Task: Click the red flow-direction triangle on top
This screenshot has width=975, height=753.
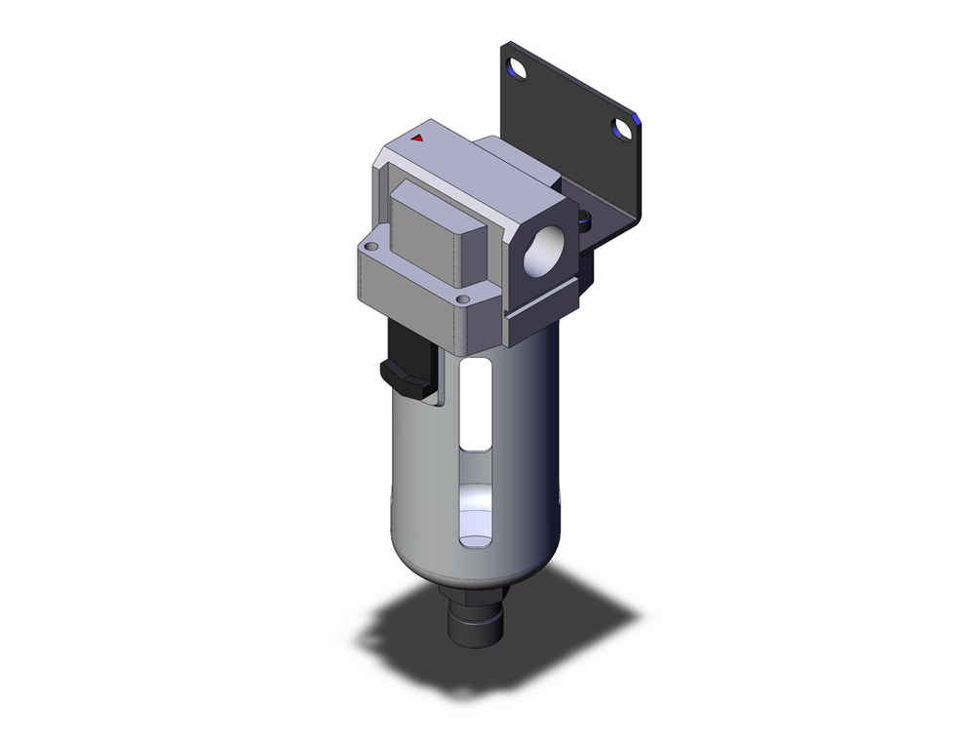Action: point(417,139)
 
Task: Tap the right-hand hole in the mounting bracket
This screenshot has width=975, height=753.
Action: point(621,129)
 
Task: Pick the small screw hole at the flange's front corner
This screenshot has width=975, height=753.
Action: point(464,298)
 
